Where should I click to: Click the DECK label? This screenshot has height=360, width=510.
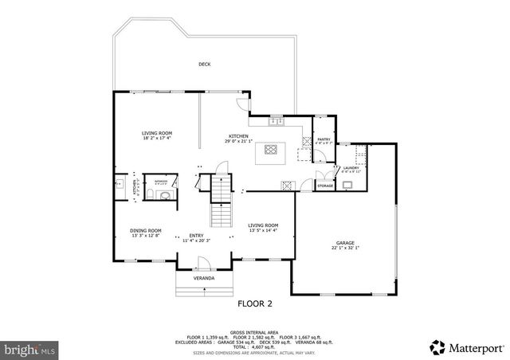coord(203,65)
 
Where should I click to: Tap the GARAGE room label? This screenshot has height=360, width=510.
coord(344,243)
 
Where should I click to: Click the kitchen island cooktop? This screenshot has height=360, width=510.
coord(269,148)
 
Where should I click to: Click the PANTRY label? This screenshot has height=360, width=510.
coord(323,140)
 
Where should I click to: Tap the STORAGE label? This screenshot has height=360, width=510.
coord(325,186)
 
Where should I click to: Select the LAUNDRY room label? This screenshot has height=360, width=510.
coord(351,168)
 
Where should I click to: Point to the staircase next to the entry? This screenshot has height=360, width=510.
coord(220,202)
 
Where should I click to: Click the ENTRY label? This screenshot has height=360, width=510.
coord(196,235)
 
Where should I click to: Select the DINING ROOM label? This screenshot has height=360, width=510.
coord(146,231)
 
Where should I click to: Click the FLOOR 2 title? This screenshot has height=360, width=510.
coord(255,303)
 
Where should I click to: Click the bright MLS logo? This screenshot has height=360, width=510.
coord(30,348)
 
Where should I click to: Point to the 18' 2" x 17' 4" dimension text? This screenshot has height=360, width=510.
coord(157,138)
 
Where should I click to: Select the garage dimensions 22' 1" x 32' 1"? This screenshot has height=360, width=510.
coord(345,248)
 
